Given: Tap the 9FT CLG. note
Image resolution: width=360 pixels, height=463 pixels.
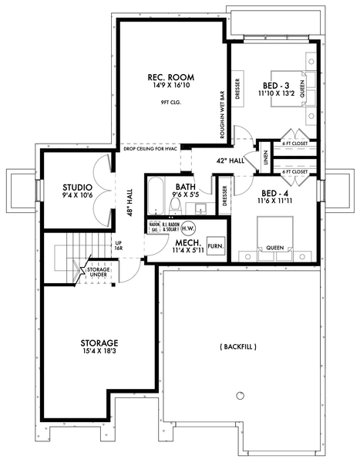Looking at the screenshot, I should [170, 102].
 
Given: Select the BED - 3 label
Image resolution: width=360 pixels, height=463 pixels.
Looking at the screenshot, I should [275, 85].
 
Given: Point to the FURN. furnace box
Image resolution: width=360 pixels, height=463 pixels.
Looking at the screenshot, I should [217, 247].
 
